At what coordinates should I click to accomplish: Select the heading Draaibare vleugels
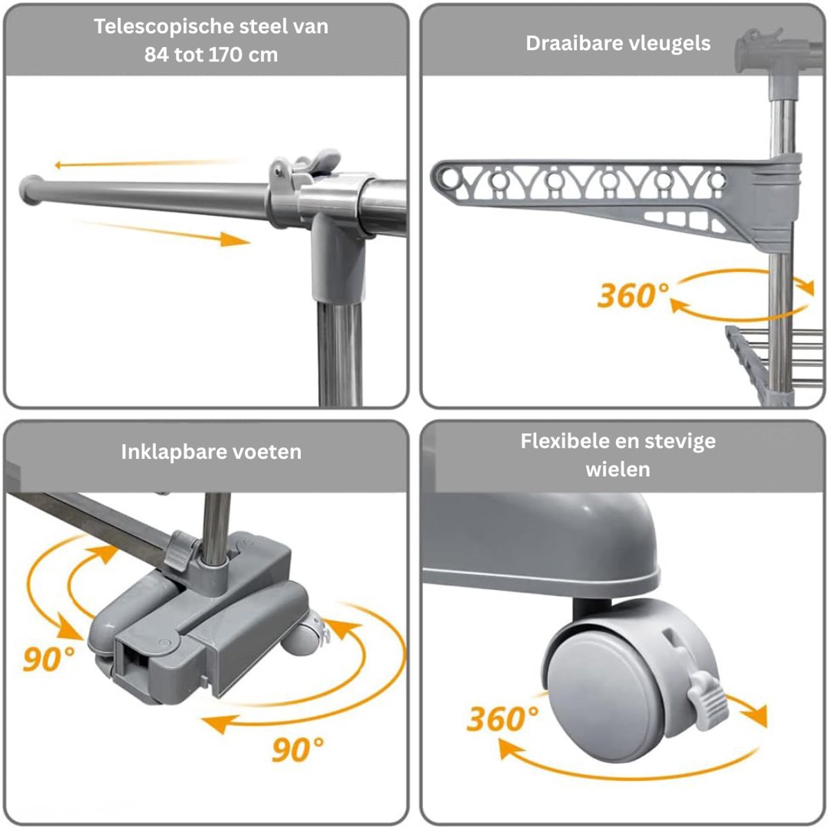click(618, 44)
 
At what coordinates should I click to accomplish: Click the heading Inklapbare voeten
click(211, 452)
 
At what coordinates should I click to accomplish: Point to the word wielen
click(618, 470)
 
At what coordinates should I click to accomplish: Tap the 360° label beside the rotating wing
click(632, 295)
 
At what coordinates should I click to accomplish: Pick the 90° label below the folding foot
click(298, 749)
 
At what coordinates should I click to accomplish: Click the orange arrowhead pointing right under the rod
click(234, 239)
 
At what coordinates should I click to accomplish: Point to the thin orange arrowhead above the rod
click(60, 165)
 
